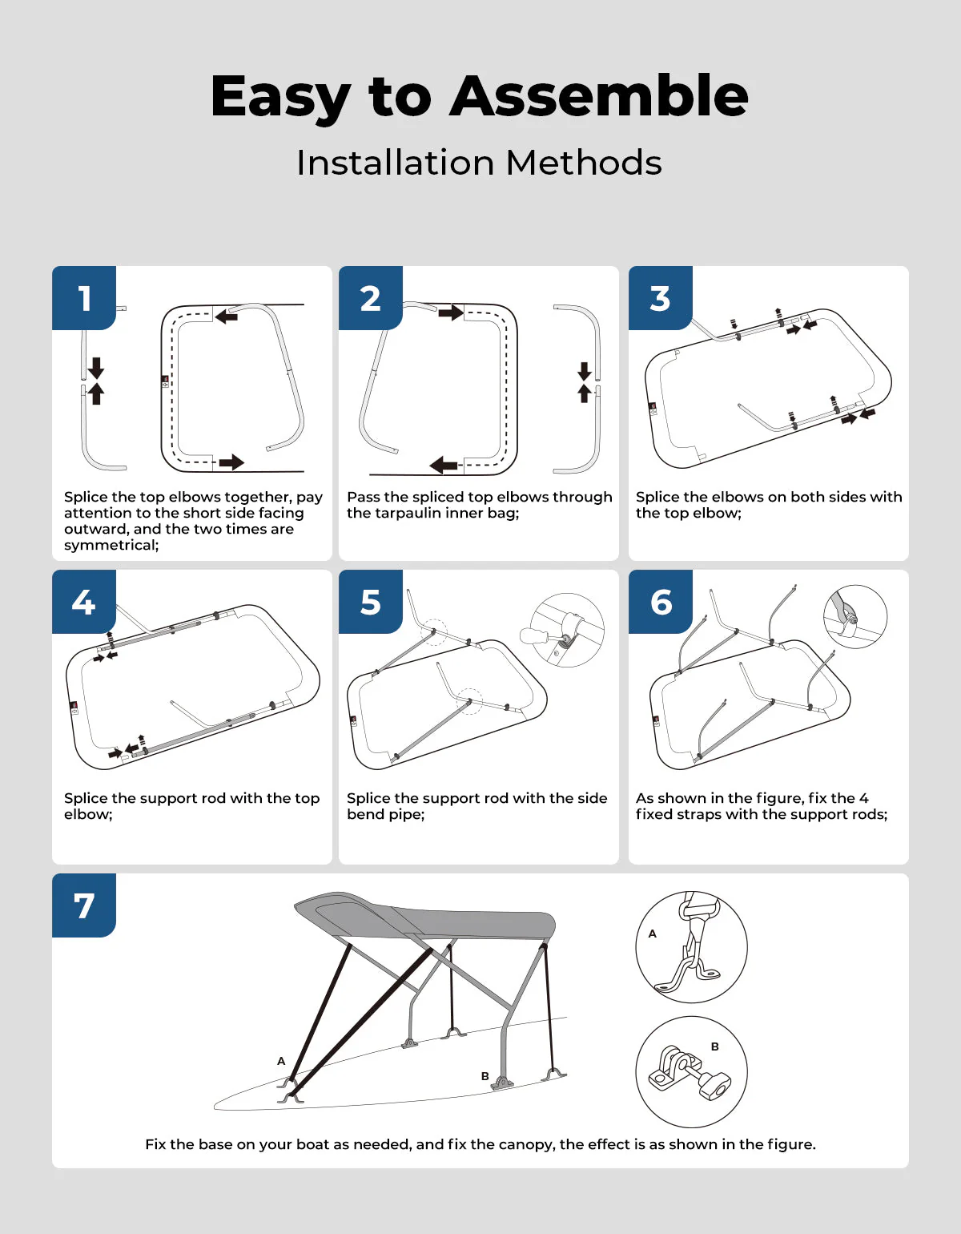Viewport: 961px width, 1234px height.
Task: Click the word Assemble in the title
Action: pos(599,96)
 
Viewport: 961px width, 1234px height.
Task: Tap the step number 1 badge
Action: pos(84,298)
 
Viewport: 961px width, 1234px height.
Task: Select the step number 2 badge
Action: pos(370,298)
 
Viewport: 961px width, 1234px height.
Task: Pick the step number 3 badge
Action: pos(660,298)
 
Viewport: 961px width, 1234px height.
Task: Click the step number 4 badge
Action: pos(84,602)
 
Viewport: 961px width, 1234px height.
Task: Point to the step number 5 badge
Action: pos(370,602)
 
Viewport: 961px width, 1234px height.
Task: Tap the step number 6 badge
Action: pos(660,602)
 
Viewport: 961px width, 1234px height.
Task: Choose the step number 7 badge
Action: pos(84,905)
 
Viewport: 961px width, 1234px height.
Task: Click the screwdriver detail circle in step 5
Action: pos(567,630)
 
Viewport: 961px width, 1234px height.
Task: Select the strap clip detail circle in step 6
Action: pos(854,616)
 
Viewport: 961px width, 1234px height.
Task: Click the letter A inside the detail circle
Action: pos(653,934)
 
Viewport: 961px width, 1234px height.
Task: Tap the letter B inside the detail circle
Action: pos(715,1046)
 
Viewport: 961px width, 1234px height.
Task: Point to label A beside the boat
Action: pos(281,1061)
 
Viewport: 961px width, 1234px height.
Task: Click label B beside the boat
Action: pos(485,1076)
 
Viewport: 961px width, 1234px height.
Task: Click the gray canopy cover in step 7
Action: pos(448,917)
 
